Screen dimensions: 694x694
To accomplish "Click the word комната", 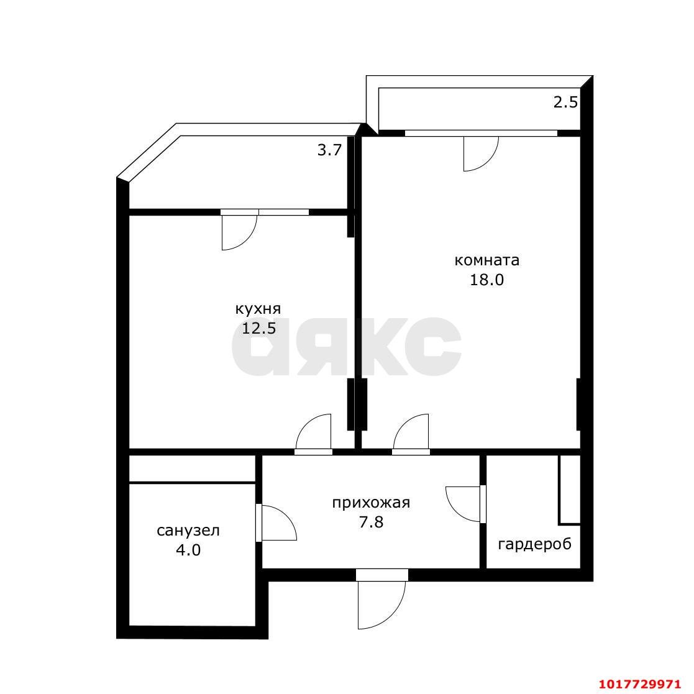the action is [487, 260].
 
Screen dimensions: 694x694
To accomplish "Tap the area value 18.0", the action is [486, 280].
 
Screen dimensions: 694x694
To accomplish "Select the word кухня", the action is [258, 309].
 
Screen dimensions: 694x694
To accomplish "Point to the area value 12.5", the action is [258, 329].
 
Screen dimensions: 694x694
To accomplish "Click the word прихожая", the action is [371, 503].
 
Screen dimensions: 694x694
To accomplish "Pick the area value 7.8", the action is [372, 523].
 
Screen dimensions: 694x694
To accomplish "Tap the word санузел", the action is [188, 531].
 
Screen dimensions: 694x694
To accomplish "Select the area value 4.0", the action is [188, 550].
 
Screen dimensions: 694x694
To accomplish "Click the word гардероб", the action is [535, 544].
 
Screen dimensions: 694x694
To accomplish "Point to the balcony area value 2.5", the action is [565, 103].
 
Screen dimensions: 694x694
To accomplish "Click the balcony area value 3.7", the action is [330, 150].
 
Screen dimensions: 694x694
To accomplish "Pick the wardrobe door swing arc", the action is [452, 509].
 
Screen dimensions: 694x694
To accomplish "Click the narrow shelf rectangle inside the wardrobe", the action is [569, 490].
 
